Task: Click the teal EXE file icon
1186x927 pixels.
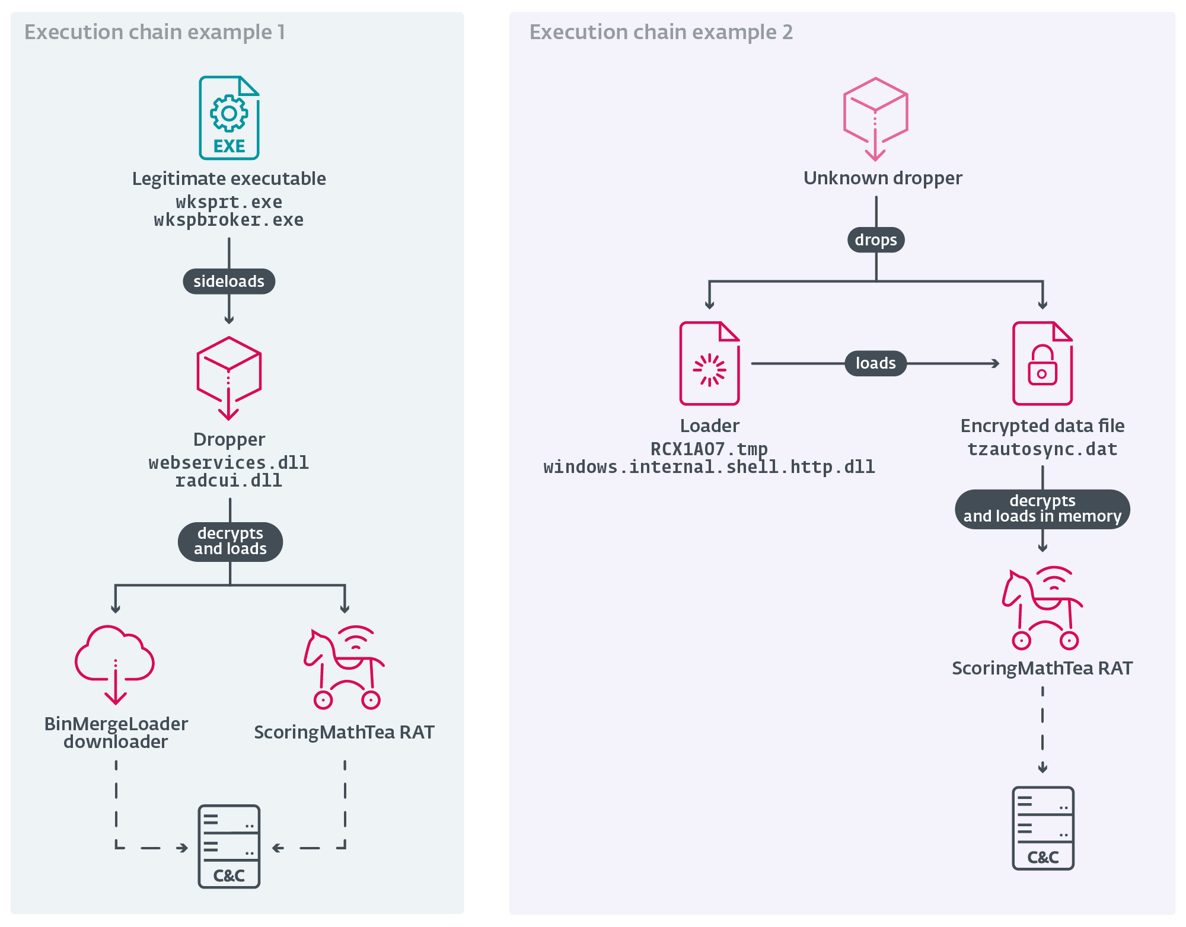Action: [x=229, y=117]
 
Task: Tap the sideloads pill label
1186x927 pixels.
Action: [x=229, y=281]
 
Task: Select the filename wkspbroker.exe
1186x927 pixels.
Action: [x=229, y=220]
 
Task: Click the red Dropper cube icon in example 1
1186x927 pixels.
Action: [x=229, y=377]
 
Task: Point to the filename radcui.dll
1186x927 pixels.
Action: [x=229, y=481]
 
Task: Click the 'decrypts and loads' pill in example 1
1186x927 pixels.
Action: [x=230, y=541]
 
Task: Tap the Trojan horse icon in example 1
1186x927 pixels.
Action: [x=344, y=666]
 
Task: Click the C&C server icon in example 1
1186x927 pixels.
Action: [x=229, y=846]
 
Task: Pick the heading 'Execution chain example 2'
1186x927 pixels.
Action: [x=661, y=32]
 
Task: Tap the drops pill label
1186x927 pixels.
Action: [x=876, y=240]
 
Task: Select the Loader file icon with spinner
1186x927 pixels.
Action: [x=709, y=363]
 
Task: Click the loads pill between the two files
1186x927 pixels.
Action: [x=875, y=363]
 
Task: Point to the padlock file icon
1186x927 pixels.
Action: [x=1042, y=363]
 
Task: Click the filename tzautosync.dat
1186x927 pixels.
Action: [x=1042, y=449]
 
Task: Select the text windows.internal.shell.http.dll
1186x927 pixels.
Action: [x=709, y=467]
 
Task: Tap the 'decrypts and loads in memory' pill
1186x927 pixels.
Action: [x=1042, y=509]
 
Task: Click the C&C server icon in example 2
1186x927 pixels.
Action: [x=1042, y=827]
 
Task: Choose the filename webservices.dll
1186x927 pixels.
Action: [x=229, y=463]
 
